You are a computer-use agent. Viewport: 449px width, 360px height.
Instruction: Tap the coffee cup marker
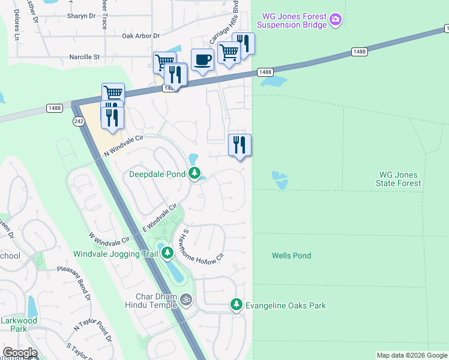[x=202, y=60]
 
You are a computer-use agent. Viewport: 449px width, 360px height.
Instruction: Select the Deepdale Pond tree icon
[x=194, y=174]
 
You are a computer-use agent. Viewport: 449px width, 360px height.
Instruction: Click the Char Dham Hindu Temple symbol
[x=186, y=299]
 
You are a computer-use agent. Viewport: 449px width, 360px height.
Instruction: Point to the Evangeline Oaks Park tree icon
[x=237, y=305]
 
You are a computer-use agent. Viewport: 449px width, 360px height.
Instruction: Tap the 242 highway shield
[x=80, y=121]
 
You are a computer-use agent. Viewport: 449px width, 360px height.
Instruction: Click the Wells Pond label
[x=291, y=256]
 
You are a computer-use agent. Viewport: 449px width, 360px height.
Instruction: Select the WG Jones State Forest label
[x=398, y=179]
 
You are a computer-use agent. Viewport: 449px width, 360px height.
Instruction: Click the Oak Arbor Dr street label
[x=140, y=36]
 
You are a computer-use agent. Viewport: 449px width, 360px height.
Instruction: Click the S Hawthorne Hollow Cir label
[x=199, y=244]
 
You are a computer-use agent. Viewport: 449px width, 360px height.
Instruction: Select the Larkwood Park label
[x=19, y=325]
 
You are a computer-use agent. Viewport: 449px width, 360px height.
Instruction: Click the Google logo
[x=20, y=353]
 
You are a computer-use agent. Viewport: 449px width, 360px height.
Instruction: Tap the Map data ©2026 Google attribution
[x=412, y=355]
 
